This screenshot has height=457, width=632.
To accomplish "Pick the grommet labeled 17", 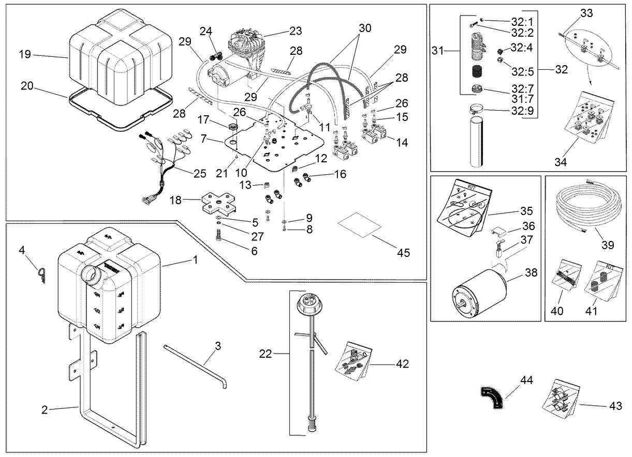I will coord(233,127).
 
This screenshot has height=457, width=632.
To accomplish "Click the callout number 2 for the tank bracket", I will coord(45,410).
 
